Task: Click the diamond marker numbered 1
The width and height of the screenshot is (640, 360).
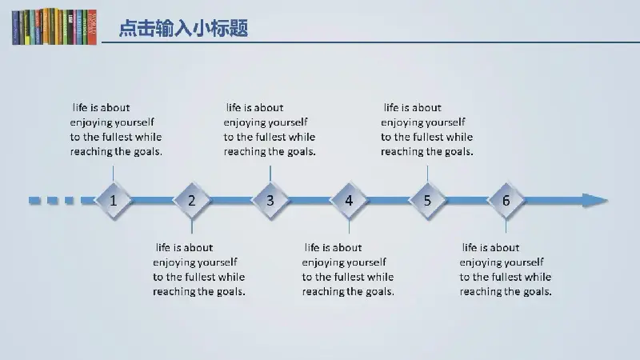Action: coord(113,201)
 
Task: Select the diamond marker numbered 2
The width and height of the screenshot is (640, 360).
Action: coord(191,201)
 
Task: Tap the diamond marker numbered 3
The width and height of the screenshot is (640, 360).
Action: coord(270,201)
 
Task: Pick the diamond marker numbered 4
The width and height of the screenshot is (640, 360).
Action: coord(349,201)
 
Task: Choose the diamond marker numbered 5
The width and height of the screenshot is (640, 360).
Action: coord(427,201)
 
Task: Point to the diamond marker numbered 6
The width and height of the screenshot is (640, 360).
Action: coord(506,201)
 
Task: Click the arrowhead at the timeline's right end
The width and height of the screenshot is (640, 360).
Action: coord(595,201)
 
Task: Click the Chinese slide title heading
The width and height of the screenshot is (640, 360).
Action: coord(183,28)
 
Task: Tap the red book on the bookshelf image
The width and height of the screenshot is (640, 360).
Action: coord(92,27)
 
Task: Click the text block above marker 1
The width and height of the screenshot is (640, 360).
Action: coord(116,130)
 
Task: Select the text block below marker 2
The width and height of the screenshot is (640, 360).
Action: coord(198,270)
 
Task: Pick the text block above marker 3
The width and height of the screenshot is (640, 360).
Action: coord(270,130)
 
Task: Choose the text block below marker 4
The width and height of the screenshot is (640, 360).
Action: coord(348,270)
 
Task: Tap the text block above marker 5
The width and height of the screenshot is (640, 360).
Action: coord(427,130)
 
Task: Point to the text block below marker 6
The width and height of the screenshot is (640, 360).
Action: coord(506,270)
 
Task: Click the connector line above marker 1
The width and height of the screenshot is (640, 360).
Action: coord(113,174)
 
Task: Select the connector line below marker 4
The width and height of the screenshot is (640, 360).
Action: coord(349,226)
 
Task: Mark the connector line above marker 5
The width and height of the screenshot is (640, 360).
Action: coord(427,174)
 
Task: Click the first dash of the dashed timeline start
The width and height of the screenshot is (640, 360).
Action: coord(34,201)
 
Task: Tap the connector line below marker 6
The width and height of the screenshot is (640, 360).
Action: coord(506,226)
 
